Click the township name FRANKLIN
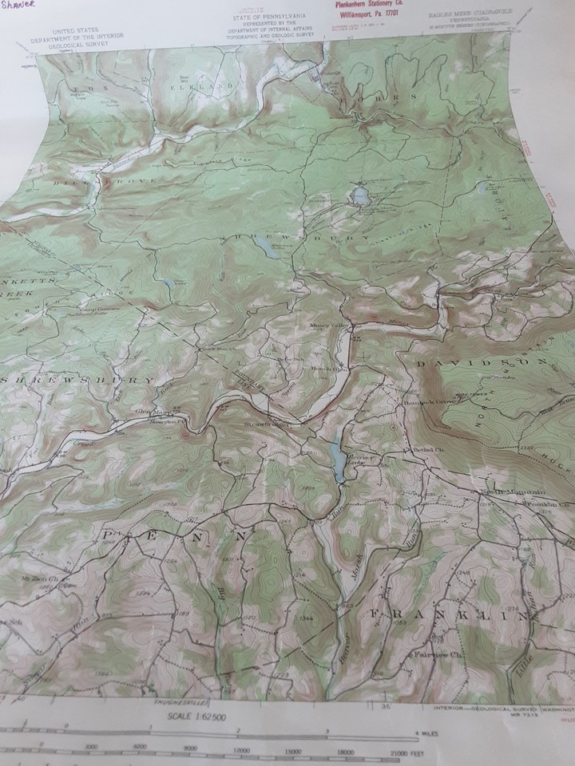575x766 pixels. [x=447, y=614]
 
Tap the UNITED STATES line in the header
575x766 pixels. [x=75, y=29]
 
